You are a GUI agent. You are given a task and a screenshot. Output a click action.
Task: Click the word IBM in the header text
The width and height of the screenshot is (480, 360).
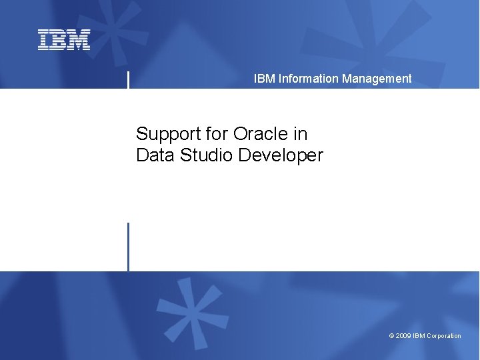point(264,79)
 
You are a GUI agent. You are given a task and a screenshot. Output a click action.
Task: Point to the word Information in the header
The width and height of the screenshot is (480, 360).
point(309,79)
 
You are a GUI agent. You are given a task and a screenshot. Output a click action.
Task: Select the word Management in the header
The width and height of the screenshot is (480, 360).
point(377,79)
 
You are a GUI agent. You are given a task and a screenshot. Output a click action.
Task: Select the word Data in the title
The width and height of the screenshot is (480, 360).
point(153,155)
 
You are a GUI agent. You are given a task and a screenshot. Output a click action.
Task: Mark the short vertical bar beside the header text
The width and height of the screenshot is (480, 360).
point(128,79)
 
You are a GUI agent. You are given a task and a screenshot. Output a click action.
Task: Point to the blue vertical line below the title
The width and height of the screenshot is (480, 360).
point(128,247)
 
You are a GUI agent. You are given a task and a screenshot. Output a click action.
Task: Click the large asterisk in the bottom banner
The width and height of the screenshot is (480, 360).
point(193,313)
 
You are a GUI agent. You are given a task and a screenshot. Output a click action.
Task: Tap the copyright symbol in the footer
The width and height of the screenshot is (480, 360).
point(391,336)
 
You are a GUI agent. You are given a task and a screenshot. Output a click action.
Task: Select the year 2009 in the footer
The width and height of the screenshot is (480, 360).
point(403,336)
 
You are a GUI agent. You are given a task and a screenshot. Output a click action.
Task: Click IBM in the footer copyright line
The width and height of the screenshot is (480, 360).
point(419,336)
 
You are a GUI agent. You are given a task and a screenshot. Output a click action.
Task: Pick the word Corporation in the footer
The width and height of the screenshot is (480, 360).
point(444,336)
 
